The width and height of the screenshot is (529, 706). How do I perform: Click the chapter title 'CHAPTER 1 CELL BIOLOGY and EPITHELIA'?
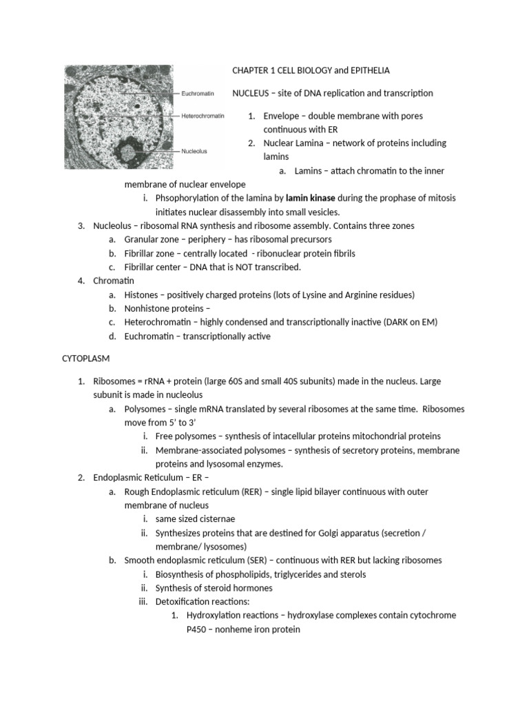pyautogui.click(x=311, y=70)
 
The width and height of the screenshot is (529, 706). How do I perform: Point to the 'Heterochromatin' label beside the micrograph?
pyautogui.click(x=203, y=116)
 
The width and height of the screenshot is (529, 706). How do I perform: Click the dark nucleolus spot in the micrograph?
pyautogui.click(x=127, y=150)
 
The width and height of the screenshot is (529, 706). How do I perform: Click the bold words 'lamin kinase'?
pyautogui.click(x=310, y=198)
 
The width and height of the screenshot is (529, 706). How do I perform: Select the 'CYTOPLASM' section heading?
pyautogui.click(x=87, y=359)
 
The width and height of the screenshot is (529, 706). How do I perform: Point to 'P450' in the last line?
pyautogui.click(x=198, y=629)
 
